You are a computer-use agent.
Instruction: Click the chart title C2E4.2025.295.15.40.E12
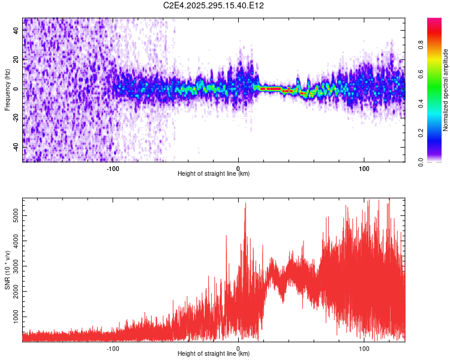pos(214,5)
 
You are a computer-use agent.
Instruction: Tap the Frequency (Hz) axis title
pos(7,89)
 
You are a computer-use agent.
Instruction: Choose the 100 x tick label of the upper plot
pos(364,168)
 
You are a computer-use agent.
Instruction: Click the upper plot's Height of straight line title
pos(214,174)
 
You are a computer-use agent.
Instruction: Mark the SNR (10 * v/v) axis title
pos(7,269)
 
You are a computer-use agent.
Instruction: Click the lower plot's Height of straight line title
pos(214,354)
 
